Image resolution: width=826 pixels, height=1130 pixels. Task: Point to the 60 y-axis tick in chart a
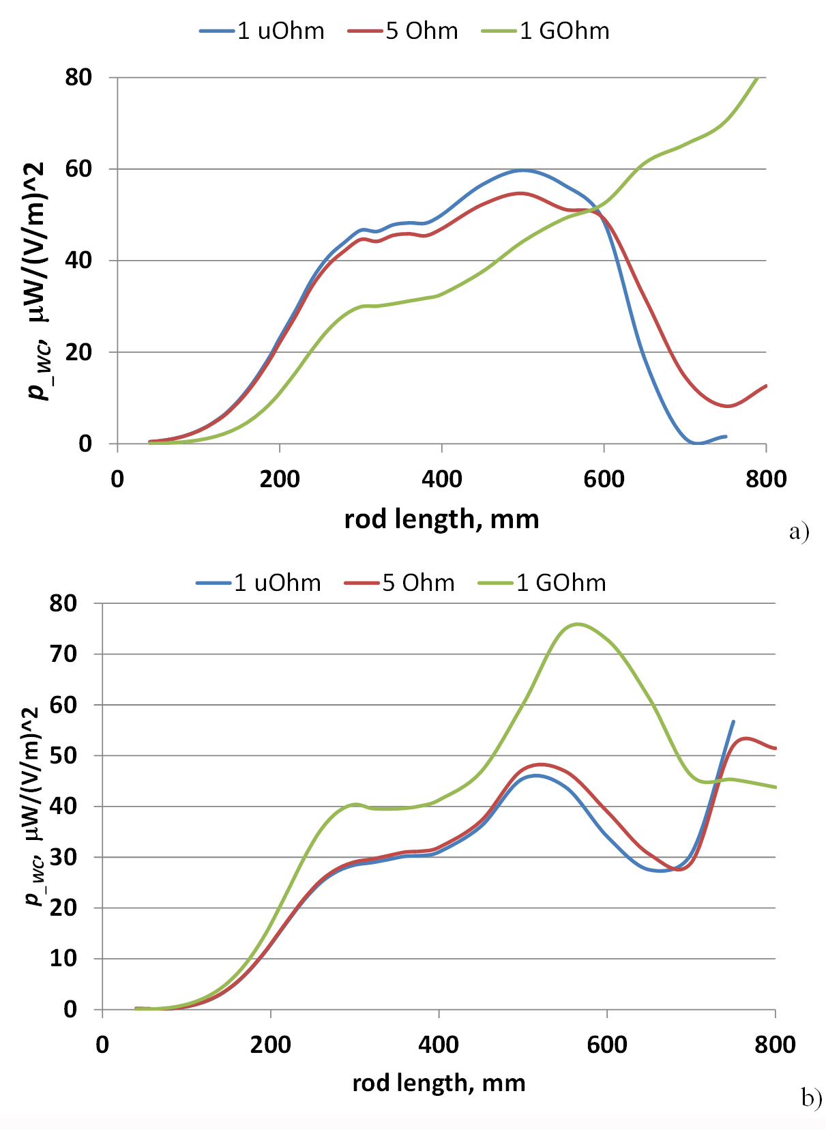tap(79, 169)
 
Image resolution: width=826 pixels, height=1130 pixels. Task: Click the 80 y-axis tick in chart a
tap(79, 78)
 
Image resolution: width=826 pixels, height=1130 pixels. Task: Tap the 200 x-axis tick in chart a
tap(280, 479)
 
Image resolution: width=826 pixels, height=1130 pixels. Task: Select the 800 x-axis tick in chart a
tap(766, 479)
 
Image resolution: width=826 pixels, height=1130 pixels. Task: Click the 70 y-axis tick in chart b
tap(63, 654)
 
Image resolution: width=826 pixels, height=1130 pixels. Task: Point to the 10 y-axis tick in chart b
tap(63, 959)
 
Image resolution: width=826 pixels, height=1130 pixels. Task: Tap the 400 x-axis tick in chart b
tap(439, 1045)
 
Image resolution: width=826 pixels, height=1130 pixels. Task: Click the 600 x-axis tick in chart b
tap(607, 1045)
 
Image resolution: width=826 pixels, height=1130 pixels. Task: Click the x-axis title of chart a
tap(441, 519)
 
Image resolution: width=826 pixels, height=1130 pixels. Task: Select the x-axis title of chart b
tap(439, 1083)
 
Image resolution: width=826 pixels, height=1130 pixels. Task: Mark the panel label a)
tap(799, 531)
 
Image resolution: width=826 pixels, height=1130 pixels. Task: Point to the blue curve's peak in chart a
tap(522, 170)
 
